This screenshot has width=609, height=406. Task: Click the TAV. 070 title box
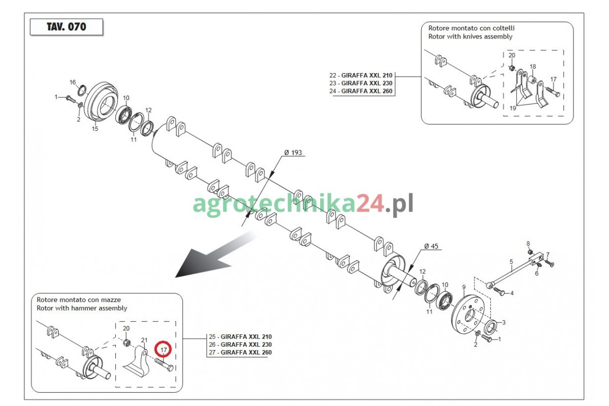[66, 27]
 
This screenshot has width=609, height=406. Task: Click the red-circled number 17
[163, 350]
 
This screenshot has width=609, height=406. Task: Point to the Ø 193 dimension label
[293, 153]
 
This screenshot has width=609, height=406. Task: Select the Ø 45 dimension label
[431, 246]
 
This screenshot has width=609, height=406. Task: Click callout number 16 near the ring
[73, 82]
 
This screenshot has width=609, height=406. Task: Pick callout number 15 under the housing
[95, 128]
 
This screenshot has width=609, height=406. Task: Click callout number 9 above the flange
[464, 287]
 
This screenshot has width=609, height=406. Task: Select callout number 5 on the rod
[511, 261]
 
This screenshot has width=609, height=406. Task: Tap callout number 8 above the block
[528, 244]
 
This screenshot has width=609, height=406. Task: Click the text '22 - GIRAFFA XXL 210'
[361, 75]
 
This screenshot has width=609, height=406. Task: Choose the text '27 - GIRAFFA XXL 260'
[241, 352]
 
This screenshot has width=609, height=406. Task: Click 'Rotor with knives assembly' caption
[470, 37]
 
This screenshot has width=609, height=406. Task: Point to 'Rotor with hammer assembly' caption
[82, 308]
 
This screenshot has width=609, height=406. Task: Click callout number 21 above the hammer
[144, 340]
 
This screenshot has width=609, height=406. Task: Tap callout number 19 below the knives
[513, 108]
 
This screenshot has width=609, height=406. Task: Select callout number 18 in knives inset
[532, 66]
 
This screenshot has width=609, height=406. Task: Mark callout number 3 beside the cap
[503, 322]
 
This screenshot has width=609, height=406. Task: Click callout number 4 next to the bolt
[512, 293]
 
